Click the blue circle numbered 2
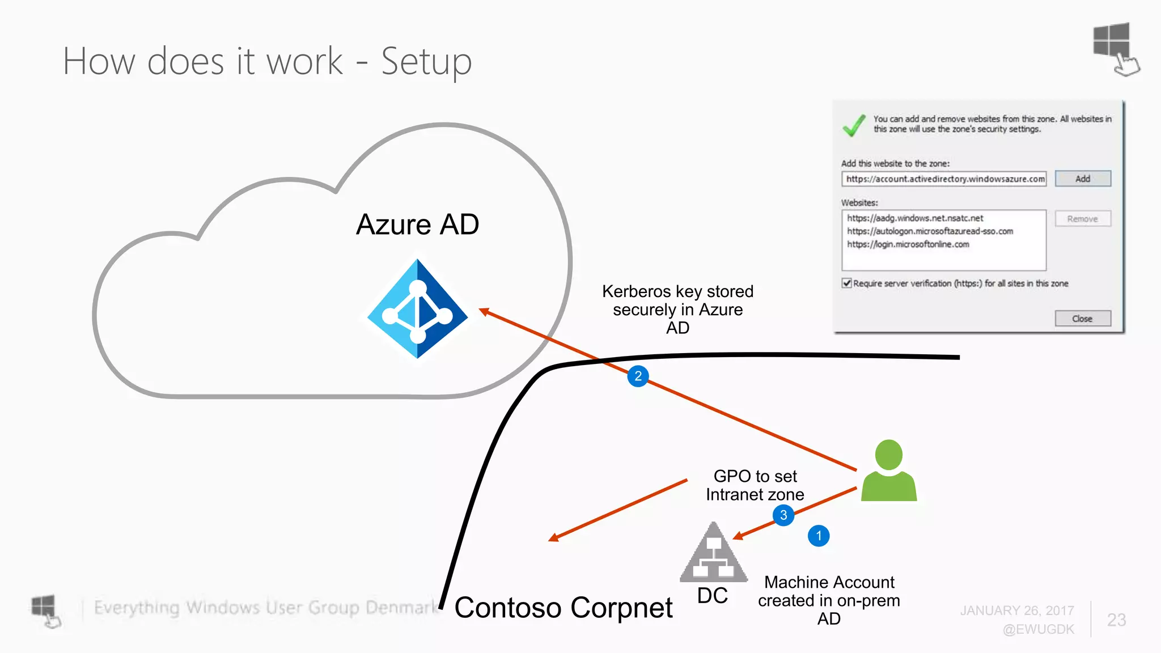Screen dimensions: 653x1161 click(638, 376)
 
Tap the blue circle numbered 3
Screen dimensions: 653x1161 click(783, 515)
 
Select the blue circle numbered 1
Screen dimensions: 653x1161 click(818, 536)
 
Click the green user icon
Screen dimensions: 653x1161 click(888, 470)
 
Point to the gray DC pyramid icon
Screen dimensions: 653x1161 click(714, 554)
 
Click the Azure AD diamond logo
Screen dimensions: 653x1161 click(418, 309)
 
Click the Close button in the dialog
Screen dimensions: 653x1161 click(1082, 319)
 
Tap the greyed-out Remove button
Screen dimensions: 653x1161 click(1082, 219)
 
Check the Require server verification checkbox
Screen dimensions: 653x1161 click(847, 283)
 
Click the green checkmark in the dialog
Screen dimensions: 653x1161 click(854, 125)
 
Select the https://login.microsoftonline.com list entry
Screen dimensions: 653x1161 click(908, 244)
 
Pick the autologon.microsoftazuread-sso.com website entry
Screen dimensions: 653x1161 click(930, 231)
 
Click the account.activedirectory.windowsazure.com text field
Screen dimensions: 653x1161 click(944, 179)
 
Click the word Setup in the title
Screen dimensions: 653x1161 click(426, 61)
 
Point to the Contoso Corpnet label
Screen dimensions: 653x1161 click(563, 608)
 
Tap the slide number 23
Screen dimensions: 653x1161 click(1116, 620)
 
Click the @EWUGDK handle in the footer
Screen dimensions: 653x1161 click(1038, 629)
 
